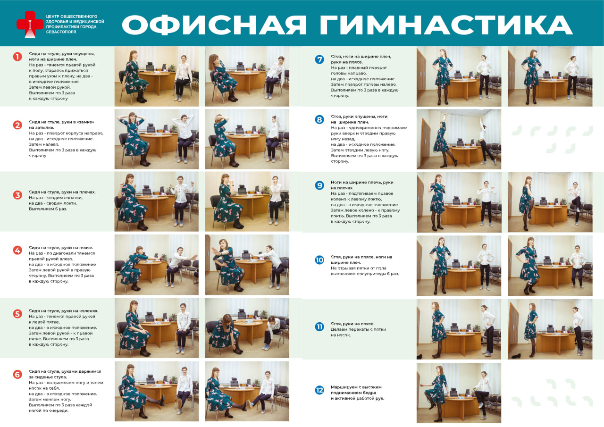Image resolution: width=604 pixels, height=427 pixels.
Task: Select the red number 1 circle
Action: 17,57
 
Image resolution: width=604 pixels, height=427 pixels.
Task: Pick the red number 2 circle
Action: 17,125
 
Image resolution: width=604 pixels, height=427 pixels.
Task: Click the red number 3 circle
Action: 17,195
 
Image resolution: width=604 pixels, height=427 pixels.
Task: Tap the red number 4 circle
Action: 17,250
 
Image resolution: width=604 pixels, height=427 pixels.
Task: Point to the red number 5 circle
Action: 17,314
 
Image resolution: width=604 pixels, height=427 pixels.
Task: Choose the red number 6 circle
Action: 17,375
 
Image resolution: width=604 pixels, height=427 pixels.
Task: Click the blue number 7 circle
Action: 319,59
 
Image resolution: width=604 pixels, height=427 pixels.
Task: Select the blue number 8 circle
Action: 319,120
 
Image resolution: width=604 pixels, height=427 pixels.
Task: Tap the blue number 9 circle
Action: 319,185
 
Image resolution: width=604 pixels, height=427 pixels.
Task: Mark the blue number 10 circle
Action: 319,260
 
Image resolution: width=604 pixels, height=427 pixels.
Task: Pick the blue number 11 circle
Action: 319,327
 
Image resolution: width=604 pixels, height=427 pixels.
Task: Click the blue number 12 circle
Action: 319,390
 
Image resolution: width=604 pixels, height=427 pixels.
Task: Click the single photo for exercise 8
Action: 458,139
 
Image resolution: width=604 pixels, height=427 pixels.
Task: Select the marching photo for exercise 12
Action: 458,393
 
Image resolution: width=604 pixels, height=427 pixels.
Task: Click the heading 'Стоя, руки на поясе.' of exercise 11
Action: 353,324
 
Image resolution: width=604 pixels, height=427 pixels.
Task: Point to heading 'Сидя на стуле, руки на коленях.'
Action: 63,311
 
